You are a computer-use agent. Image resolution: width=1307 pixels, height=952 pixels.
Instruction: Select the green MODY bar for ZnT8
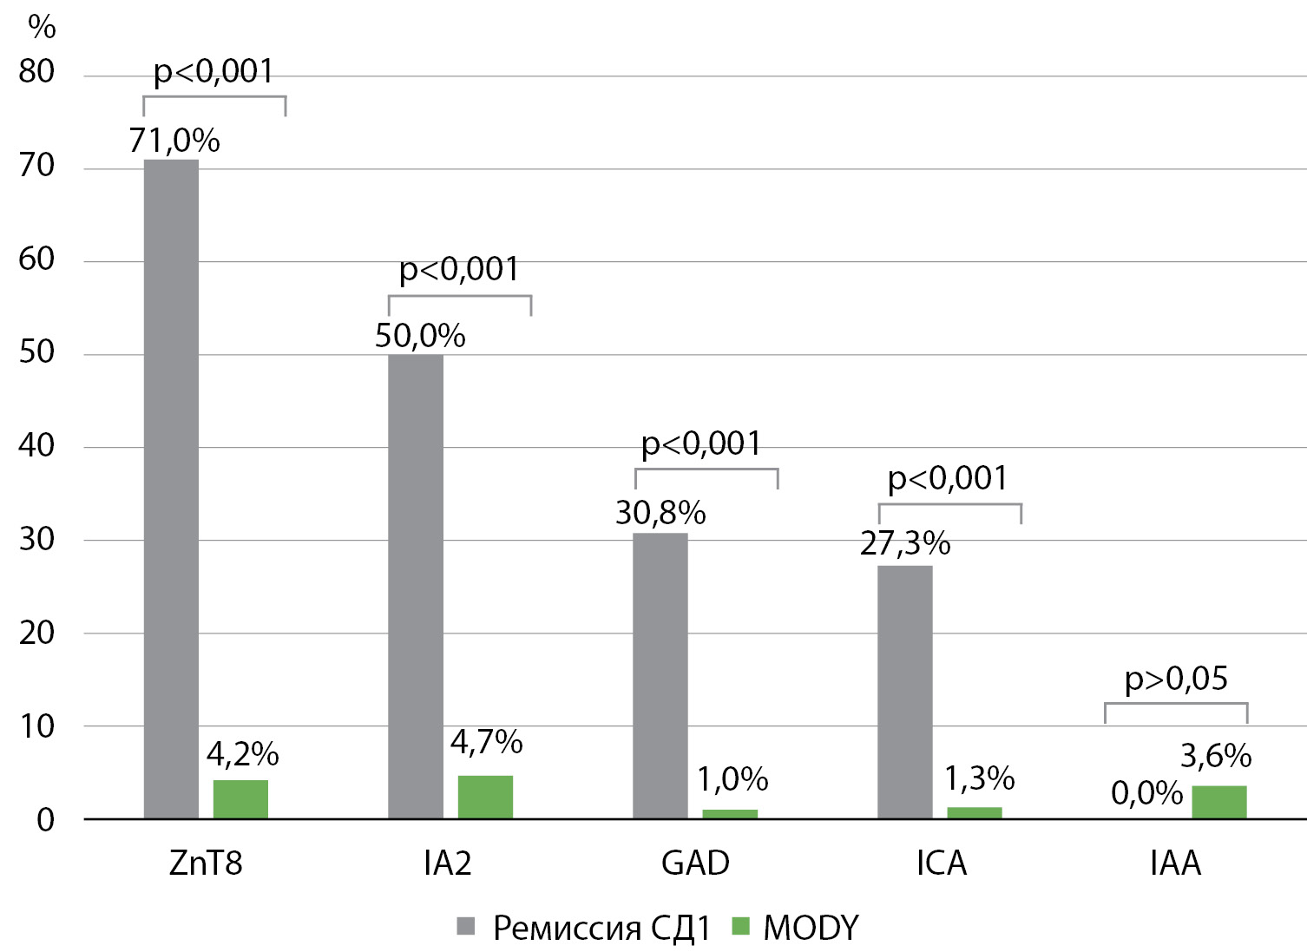click(240, 799)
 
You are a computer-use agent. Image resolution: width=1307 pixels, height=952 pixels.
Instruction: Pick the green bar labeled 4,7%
click(485, 797)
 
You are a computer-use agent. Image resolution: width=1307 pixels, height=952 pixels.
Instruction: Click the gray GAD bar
click(660, 675)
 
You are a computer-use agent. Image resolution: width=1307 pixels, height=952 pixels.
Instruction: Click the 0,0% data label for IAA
click(1146, 793)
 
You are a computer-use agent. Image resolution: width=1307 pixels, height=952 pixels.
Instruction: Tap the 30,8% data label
click(660, 513)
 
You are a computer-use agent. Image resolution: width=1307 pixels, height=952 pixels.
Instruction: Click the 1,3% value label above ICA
click(979, 779)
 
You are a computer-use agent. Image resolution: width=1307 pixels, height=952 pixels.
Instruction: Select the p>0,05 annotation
click(1176, 679)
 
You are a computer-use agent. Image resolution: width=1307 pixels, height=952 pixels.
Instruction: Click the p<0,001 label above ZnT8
click(213, 71)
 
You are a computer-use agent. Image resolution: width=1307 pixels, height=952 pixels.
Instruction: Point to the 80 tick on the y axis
click(36, 71)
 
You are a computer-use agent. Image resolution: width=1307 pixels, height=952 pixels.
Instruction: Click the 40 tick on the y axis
click(36, 446)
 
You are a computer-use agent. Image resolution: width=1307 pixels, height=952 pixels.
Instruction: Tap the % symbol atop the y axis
click(42, 27)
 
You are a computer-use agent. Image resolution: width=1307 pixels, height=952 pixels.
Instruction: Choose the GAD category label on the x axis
click(695, 863)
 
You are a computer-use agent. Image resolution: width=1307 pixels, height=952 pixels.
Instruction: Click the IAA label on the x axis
click(1175, 863)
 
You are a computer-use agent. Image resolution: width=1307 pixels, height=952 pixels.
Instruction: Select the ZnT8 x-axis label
click(206, 863)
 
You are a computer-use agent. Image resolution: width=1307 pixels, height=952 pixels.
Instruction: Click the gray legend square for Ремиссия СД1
click(466, 927)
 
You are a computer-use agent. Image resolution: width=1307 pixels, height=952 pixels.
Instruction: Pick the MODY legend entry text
click(811, 928)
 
